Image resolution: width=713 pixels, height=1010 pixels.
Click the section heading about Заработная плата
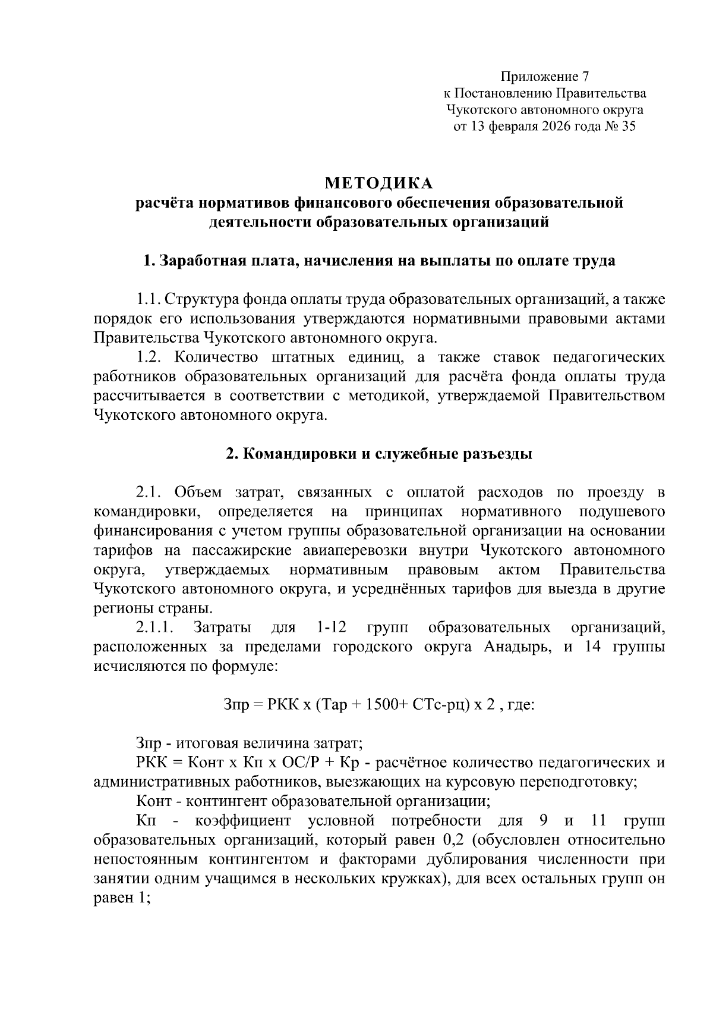pyautogui.click(x=379, y=261)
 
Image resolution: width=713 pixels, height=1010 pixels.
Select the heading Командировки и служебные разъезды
pyautogui.click(x=379, y=454)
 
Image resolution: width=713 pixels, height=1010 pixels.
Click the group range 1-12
pyautogui.click(x=329, y=628)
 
